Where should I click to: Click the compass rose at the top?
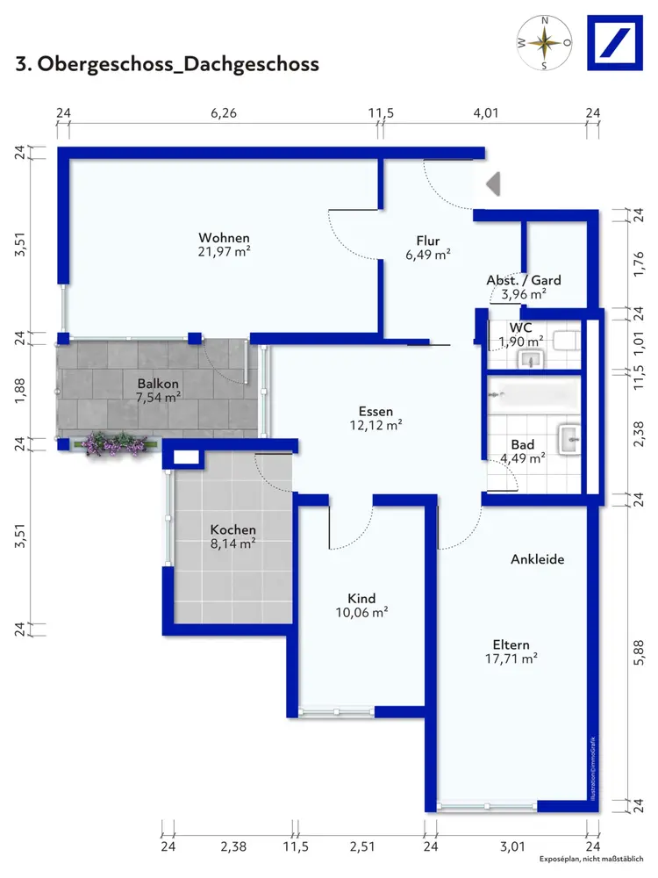[x=545, y=43]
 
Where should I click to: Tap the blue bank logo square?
[x=615, y=43]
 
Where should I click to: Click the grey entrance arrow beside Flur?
[x=493, y=184]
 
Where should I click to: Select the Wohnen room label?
[x=224, y=238]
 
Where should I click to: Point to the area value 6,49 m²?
[x=428, y=255]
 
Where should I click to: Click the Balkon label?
[x=158, y=384]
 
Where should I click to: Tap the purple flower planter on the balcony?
[x=115, y=444]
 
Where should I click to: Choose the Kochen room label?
[x=232, y=529]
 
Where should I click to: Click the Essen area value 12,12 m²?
[x=376, y=426]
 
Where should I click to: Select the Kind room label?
[x=361, y=598]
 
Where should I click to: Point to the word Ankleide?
[x=537, y=558]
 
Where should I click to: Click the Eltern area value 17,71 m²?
[x=511, y=659]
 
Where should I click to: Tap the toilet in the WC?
[x=566, y=341]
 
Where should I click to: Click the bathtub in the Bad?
[x=533, y=396]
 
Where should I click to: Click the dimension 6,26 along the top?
[x=224, y=113]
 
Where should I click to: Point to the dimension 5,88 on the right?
[x=639, y=653]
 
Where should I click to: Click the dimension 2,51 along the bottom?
[x=362, y=846]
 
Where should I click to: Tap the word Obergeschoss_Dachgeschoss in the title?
[x=178, y=64]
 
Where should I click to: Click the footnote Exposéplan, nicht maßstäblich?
[x=591, y=859]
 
